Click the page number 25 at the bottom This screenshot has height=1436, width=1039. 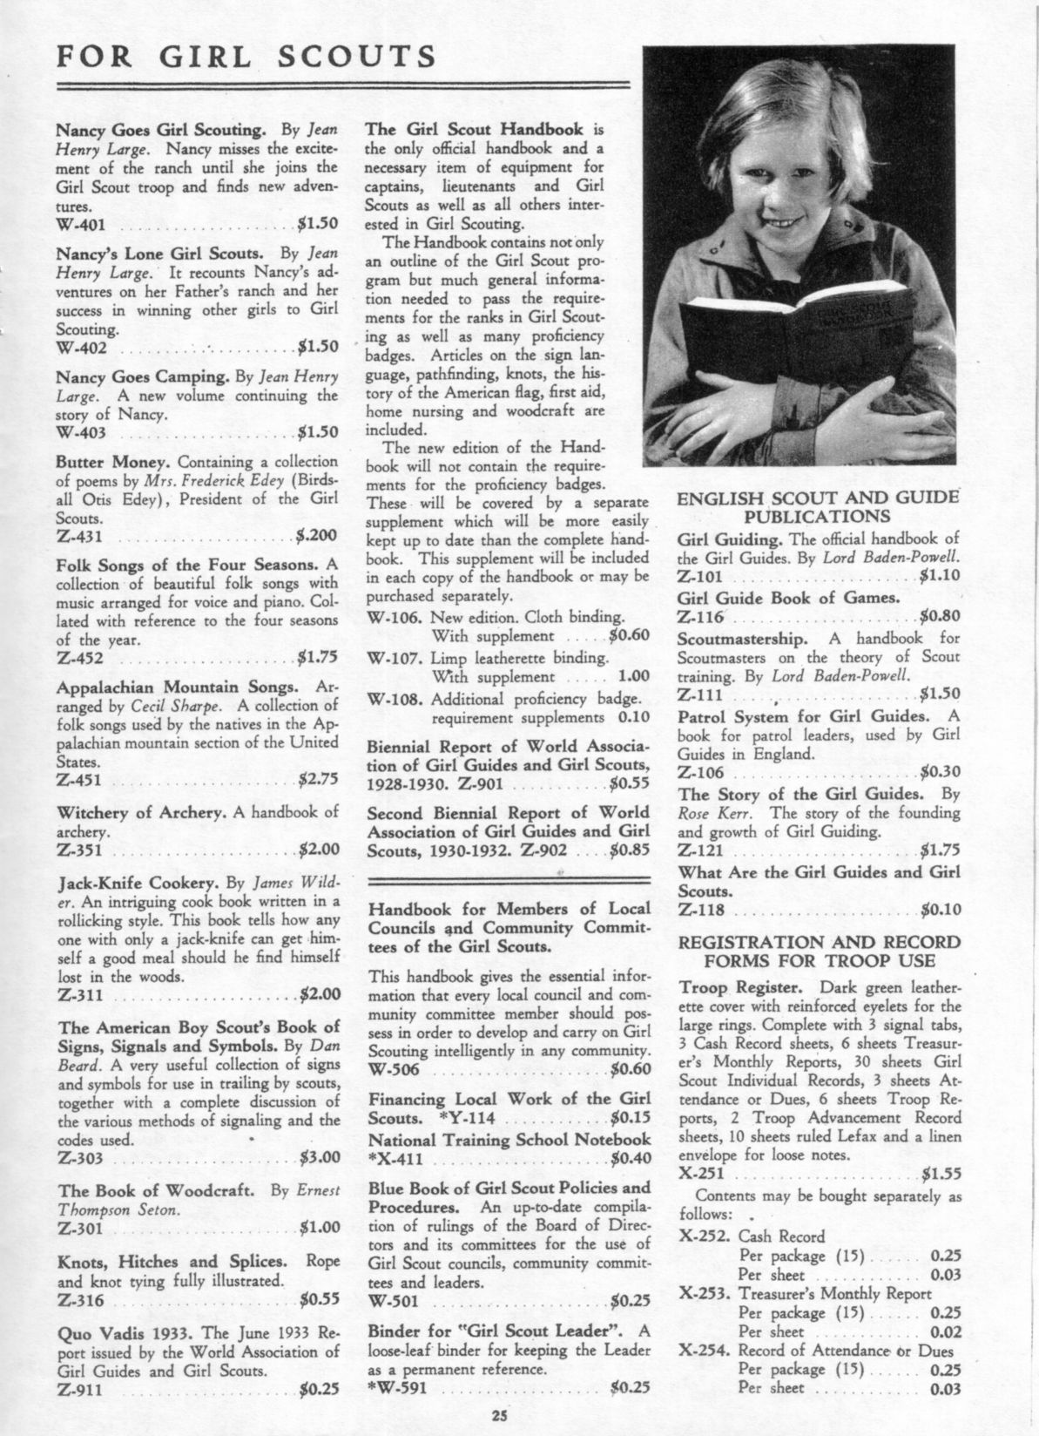point(497,1415)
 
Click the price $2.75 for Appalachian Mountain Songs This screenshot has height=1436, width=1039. point(318,779)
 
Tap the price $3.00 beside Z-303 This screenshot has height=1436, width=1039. point(319,1158)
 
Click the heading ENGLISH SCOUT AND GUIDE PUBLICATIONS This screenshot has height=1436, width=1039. point(818,507)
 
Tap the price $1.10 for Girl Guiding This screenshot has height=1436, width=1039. point(940,576)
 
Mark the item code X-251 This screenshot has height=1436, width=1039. point(701,1172)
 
